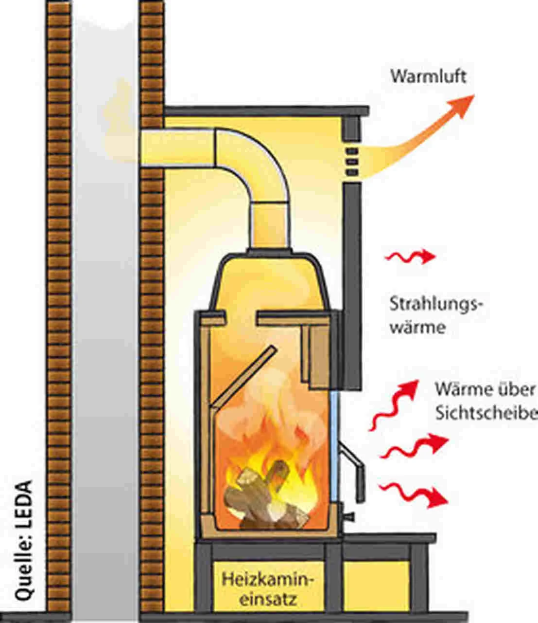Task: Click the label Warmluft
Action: point(428,76)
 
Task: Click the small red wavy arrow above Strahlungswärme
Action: point(410,257)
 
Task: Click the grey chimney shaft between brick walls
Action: point(104,341)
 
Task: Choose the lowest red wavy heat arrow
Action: point(413,494)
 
